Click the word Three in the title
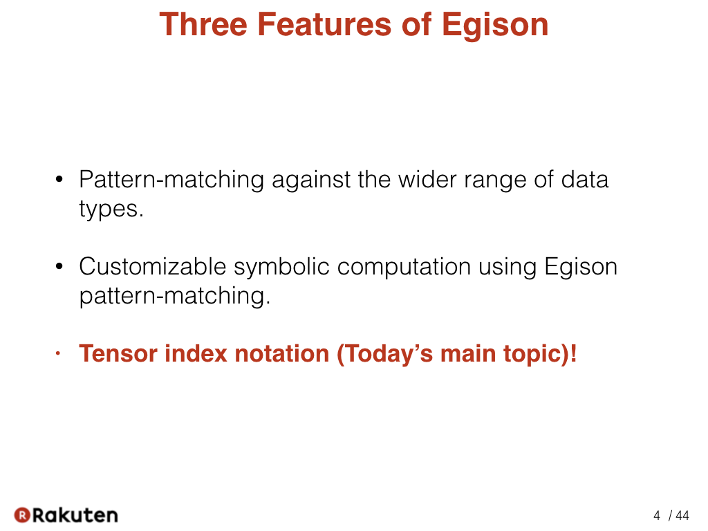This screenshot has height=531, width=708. coord(203,24)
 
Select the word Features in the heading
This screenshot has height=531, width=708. coord(324,24)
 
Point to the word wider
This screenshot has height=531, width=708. coord(427,180)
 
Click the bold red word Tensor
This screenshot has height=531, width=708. coord(118,353)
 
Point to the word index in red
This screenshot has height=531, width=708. coord(196,353)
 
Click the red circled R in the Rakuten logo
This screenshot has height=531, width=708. coord(21,515)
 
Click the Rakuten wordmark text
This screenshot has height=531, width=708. coord(75,515)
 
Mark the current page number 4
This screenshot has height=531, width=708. coord(657,516)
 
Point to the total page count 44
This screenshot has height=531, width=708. coord(682,516)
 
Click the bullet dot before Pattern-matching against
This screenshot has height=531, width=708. coord(59,180)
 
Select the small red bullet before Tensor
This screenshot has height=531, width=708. coord(57,353)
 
